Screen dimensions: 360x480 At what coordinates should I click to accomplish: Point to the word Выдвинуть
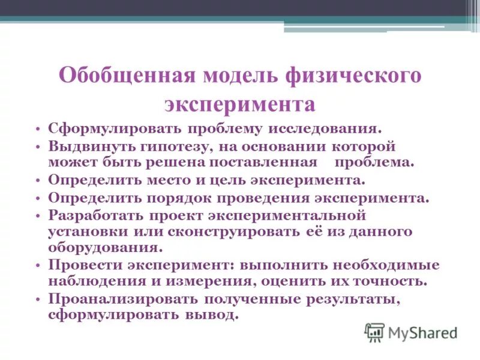pos(85,146)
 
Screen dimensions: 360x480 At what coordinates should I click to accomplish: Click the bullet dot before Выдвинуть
pos(38,146)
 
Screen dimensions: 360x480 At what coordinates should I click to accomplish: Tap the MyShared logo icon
pos(374,332)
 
